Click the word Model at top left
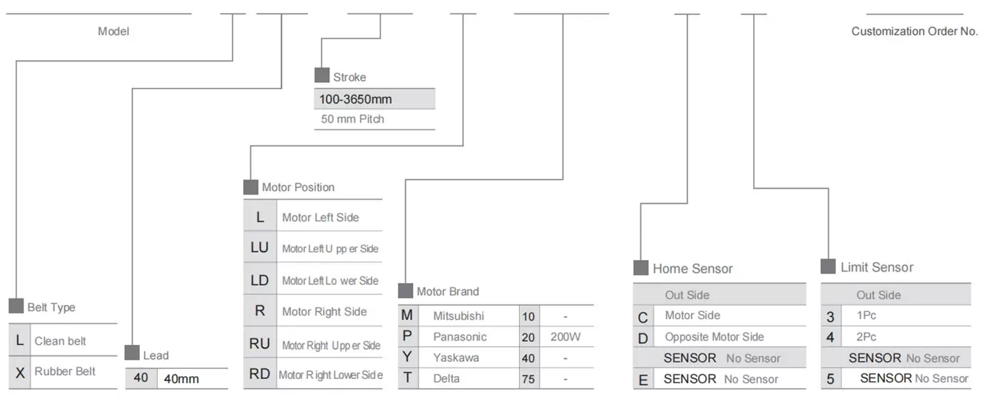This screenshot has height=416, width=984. pos(113,31)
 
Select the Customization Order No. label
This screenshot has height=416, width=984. pos(914,31)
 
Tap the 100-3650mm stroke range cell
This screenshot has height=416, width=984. pos(355,99)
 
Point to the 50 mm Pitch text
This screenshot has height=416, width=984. pos(352,119)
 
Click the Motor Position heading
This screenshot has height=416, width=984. pos(298,187)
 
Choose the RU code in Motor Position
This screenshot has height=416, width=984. pos(260,344)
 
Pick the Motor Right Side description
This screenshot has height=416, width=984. pos(324,311)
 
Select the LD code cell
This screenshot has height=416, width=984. pos(260,281)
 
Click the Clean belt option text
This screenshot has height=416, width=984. pos(61,341)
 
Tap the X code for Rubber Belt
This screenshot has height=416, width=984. pos(20,372)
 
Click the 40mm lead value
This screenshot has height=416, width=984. pos(182,378)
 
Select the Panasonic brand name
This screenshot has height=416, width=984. pos(460,336)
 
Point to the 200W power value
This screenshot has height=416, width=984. pos(565,336)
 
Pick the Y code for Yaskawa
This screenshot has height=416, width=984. pos(407,358)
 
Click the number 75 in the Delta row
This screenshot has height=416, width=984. pos(528,379)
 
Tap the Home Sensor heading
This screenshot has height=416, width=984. pos(692,269)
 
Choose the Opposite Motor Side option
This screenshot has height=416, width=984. pos(714,337)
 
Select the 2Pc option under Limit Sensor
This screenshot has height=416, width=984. pos(866,337)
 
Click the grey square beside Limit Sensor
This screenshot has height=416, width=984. pos(828,266)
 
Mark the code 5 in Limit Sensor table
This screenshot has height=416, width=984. pos(830,379)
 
